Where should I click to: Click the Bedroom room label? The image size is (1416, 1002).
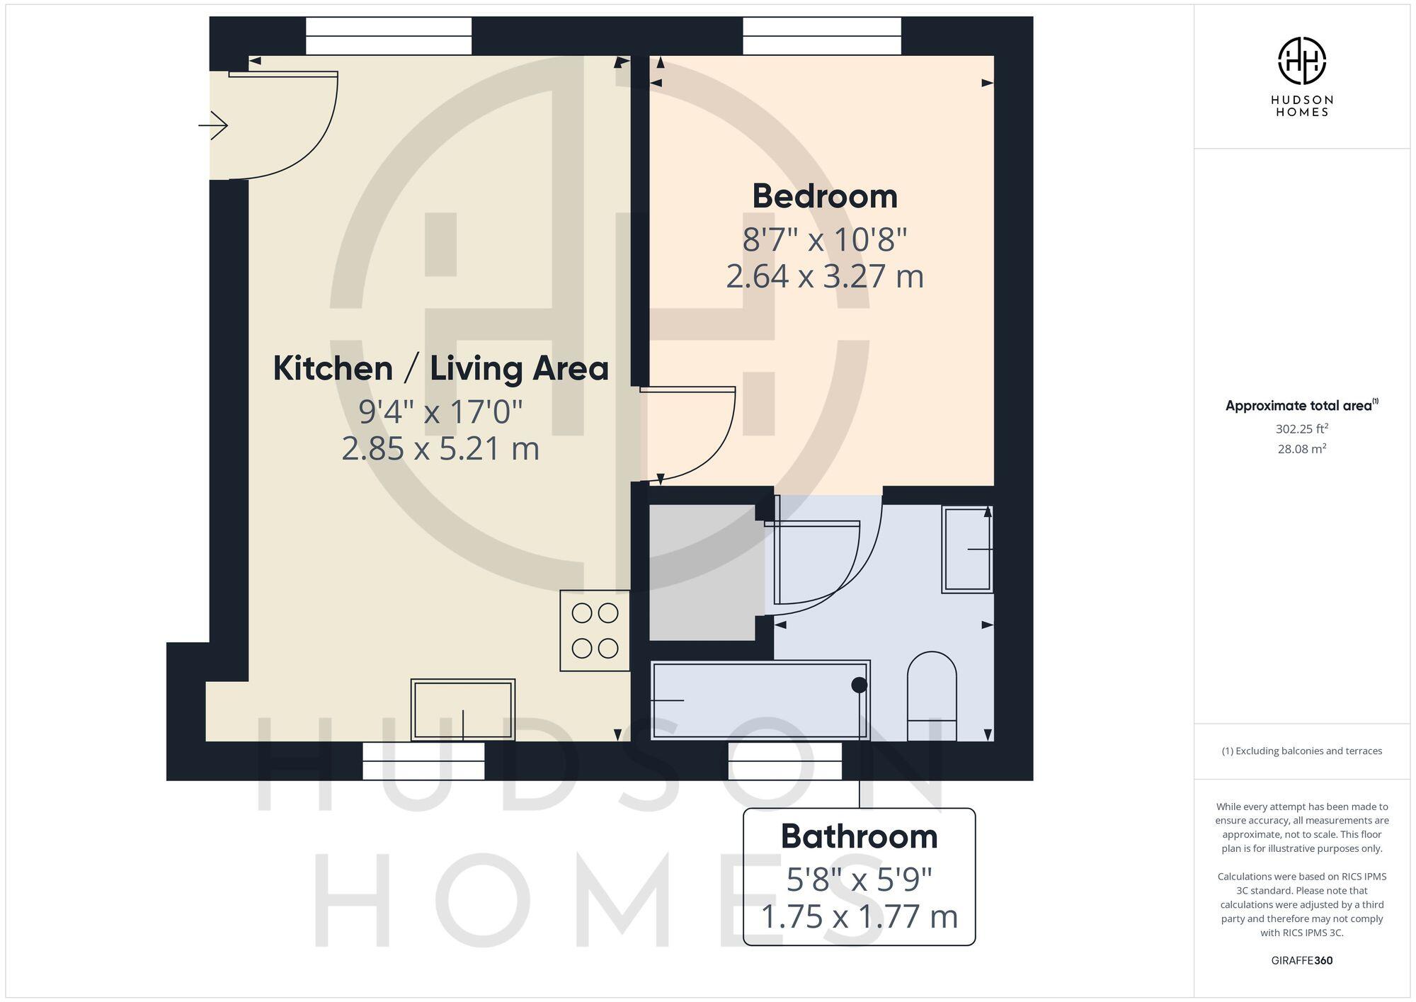[x=825, y=196]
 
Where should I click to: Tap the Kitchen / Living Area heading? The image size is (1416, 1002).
[x=440, y=369]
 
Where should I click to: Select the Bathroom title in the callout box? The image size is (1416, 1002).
[x=859, y=837]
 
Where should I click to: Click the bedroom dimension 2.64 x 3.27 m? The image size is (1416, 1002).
[x=825, y=276]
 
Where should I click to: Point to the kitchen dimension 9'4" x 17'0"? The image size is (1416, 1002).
[x=440, y=411]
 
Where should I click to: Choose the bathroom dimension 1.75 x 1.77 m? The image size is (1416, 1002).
[x=859, y=916]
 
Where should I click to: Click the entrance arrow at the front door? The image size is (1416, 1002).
[x=213, y=126]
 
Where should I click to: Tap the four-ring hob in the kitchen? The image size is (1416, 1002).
[x=595, y=630]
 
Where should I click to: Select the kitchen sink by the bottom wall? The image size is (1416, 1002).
[x=463, y=710]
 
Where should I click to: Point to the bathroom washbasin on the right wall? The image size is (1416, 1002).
[x=967, y=550]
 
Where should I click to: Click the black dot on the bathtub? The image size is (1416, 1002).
[x=859, y=685]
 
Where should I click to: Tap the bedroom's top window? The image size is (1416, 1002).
[x=822, y=36]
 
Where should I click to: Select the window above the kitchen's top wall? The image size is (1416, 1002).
[x=389, y=36]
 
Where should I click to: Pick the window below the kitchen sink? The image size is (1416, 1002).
[x=423, y=761]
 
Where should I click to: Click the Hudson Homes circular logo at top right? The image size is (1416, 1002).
[x=1301, y=61]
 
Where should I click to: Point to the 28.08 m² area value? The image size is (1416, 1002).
[x=1301, y=449]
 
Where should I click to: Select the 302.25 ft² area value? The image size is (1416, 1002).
[x=1301, y=429]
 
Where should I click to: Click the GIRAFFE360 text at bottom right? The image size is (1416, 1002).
[x=1301, y=961]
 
